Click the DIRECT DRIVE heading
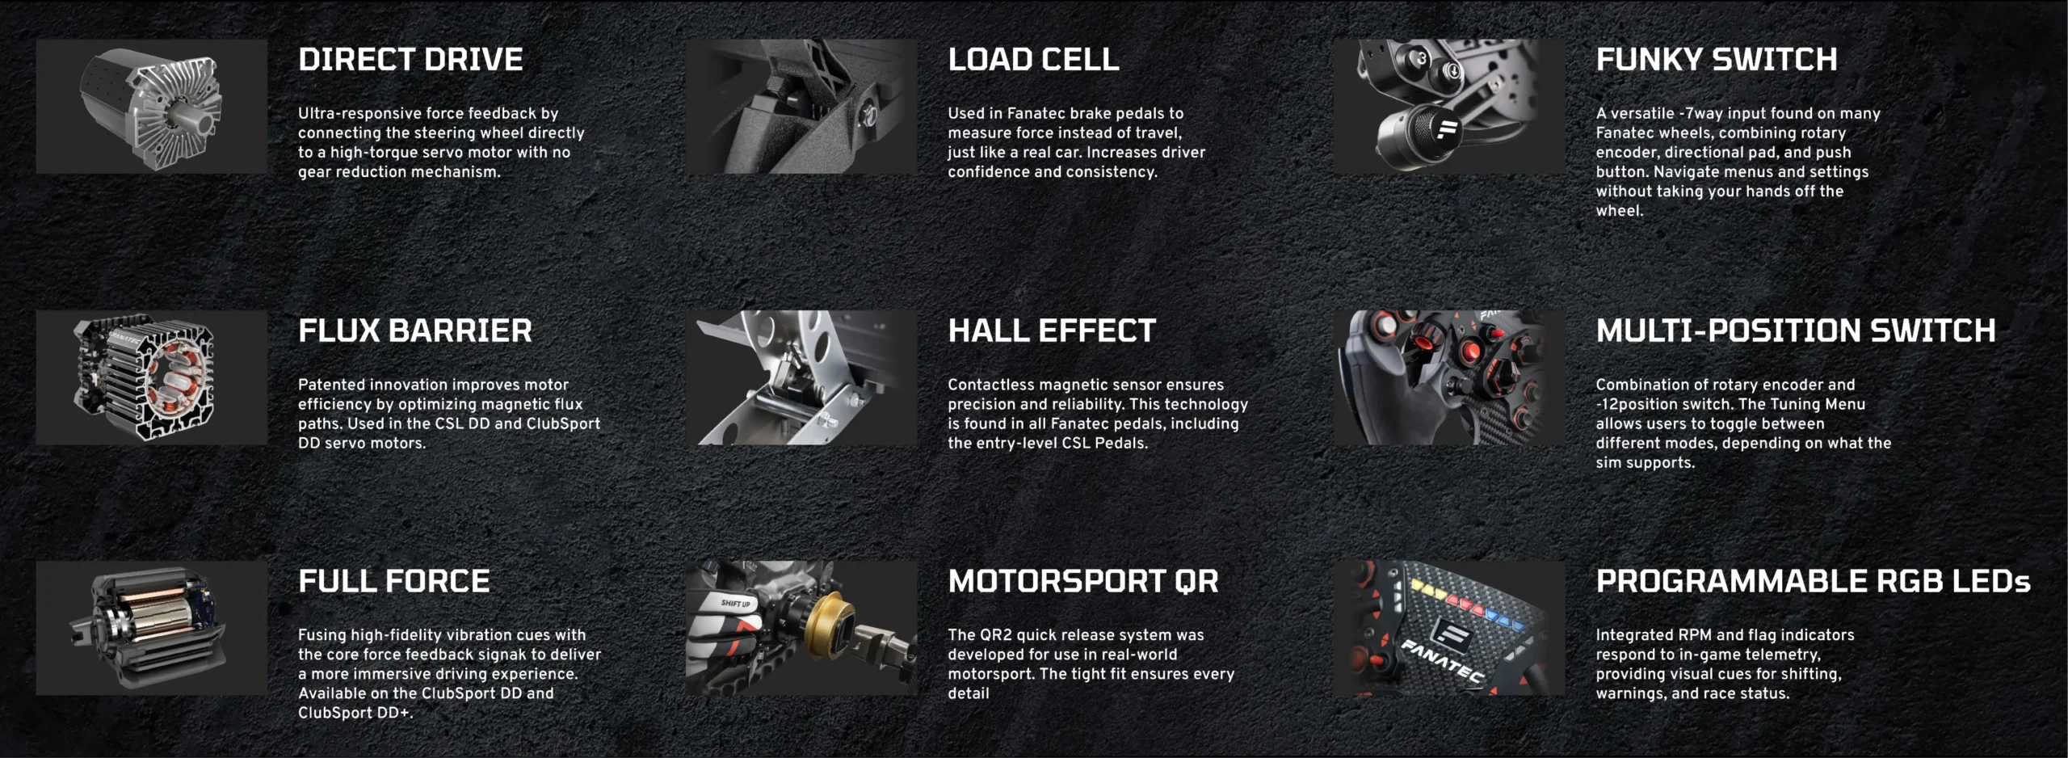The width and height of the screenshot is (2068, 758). (x=410, y=60)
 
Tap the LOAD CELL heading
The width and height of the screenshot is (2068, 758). (x=1033, y=60)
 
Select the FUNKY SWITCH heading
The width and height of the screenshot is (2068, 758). (x=1717, y=60)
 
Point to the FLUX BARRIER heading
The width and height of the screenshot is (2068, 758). (x=415, y=331)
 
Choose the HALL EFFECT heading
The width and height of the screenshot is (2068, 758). (x=1052, y=331)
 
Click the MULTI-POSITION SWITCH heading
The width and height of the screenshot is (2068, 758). (x=1796, y=331)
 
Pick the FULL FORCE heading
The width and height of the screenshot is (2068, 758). (x=394, y=582)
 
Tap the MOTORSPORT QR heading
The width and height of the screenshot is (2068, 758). (x=1083, y=582)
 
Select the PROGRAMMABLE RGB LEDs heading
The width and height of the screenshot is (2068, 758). (x=1813, y=582)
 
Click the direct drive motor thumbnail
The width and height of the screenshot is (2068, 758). (x=152, y=107)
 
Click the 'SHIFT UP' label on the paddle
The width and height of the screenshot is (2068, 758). (x=735, y=604)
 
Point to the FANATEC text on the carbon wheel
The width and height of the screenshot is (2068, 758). (x=1443, y=660)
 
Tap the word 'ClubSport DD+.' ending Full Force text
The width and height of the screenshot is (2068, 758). (x=355, y=714)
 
